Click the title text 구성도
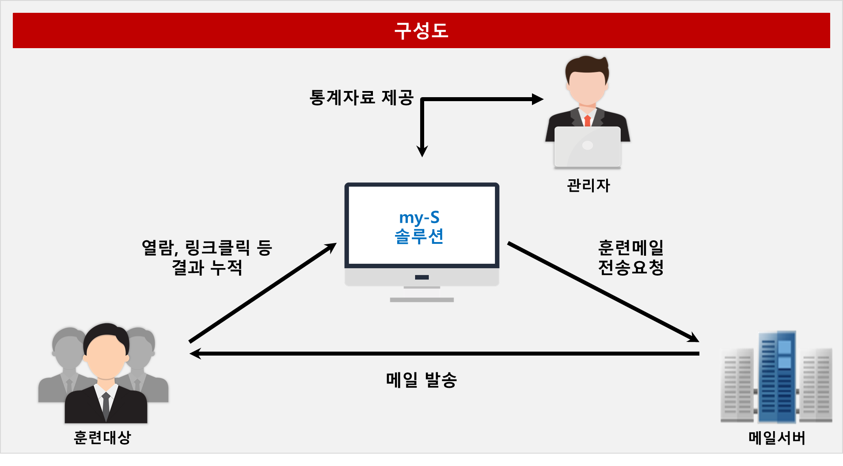pos(421,30)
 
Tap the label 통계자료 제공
pos(361,98)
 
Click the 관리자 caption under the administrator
pos(588,185)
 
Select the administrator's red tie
pos(587,121)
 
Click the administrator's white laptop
pos(588,148)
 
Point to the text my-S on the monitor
pos(419,217)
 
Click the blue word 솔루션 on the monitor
pos(419,236)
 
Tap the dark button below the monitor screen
pos(422,277)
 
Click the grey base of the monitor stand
pos(422,300)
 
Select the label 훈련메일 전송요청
pos(631,258)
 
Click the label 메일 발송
pos(421,380)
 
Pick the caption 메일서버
pos(777,438)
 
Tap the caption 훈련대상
pos(103,437)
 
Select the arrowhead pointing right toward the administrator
pos(538,99)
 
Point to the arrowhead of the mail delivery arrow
pos(195,353)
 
